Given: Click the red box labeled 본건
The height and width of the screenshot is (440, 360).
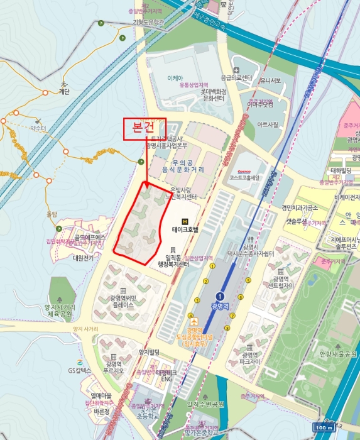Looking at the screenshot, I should click(145, 127).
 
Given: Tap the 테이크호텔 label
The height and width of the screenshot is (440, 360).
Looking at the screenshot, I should click(185, 230).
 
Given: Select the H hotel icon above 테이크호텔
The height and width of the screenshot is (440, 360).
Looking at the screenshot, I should click(185, 221).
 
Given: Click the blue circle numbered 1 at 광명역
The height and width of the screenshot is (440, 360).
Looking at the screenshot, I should click(220, 296).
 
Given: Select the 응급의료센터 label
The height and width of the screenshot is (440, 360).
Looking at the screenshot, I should click(236, 77).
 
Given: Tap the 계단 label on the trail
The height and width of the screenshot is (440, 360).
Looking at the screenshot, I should click(64, 91).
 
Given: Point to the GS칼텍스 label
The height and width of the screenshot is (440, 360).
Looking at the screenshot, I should click(79, 371).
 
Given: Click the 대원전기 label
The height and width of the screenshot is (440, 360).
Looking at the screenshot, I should click(82, 258).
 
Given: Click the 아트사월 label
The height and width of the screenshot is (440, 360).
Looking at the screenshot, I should click(268, 124).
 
